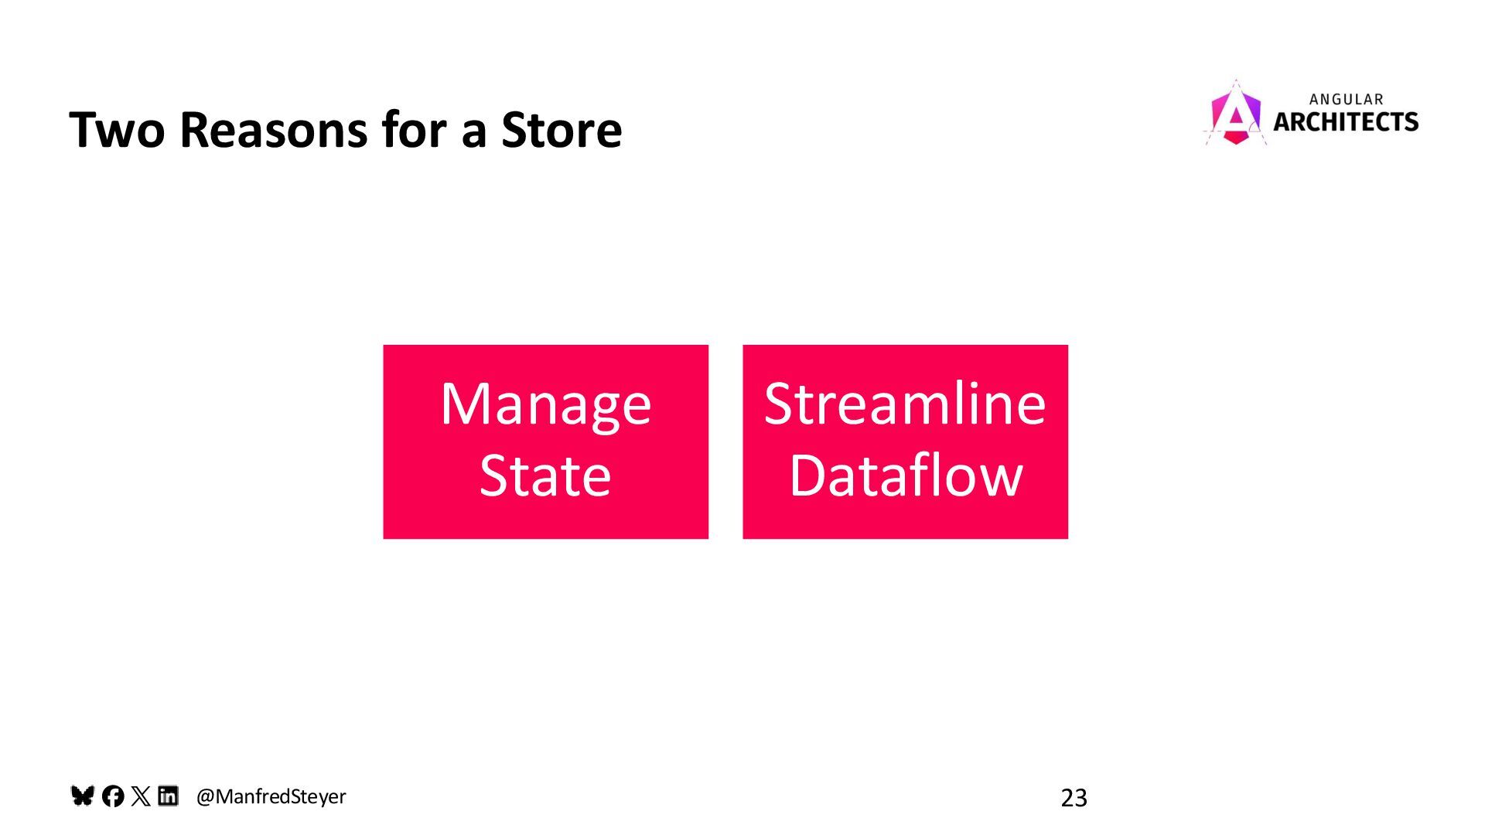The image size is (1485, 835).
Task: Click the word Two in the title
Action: pyautogui.click(x=117, y=130)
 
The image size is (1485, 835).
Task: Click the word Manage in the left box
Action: pyautogui.click(x=545, y=405)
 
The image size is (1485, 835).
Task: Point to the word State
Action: pyautogui.click(x=545, y=475)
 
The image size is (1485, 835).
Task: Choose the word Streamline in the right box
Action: pyautogui.click(x=905, y=404)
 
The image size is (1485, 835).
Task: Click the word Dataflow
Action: pyautogui.click(x=905, y=475)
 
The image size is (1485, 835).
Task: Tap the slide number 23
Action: pyautogui.click(x=1074, y=798)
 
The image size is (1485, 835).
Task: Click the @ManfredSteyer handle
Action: pyautogui.click(x=271, y=796)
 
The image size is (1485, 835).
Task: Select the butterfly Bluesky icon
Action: pyautogui.click(x=82, y=796)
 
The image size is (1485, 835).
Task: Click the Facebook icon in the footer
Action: pyautogui.click(x=113, y=796)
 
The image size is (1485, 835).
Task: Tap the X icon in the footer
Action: pyautogui.click(x=141, y=796)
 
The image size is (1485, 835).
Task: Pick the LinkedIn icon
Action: pyautogui.click(x=168, y=796)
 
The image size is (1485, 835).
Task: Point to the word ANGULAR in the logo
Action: pyautogui.click(x=1346, y=100)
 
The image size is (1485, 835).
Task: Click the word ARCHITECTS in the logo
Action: pyautogui.click(x=1346, y=122)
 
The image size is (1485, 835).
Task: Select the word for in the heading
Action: pyautogui.click(x=414, y=130)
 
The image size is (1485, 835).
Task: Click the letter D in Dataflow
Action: pyautogui.click(x=808, y=475)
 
